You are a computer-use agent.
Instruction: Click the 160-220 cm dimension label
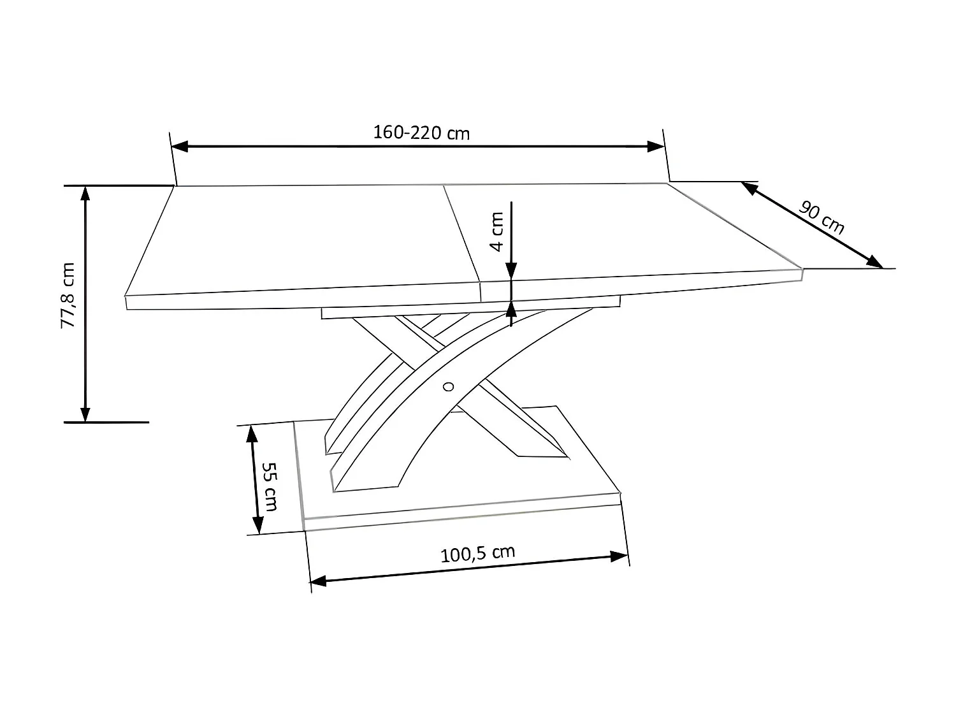click(421, 133)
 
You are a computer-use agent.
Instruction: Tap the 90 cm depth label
click(822, 217)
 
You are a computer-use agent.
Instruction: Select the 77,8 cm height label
click(68, 295)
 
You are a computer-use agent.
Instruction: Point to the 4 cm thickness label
click(497, 231)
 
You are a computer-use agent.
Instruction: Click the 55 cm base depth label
click(270, 486)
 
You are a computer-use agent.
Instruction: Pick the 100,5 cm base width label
click(478, 553)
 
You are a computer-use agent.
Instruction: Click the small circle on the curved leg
click(448, 386)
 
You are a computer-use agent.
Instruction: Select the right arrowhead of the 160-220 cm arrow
click(656, 146)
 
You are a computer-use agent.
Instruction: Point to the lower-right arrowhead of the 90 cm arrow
click(874, 262)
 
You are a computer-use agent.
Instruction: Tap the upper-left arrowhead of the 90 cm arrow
click(748, 187)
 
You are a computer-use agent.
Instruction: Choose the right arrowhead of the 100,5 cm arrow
click(619, 556)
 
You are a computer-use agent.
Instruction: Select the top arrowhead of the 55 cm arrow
click(251, 434)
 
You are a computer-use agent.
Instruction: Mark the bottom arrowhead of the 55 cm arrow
click(257, 525)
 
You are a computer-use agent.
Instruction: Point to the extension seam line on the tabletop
click(461, 232)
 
